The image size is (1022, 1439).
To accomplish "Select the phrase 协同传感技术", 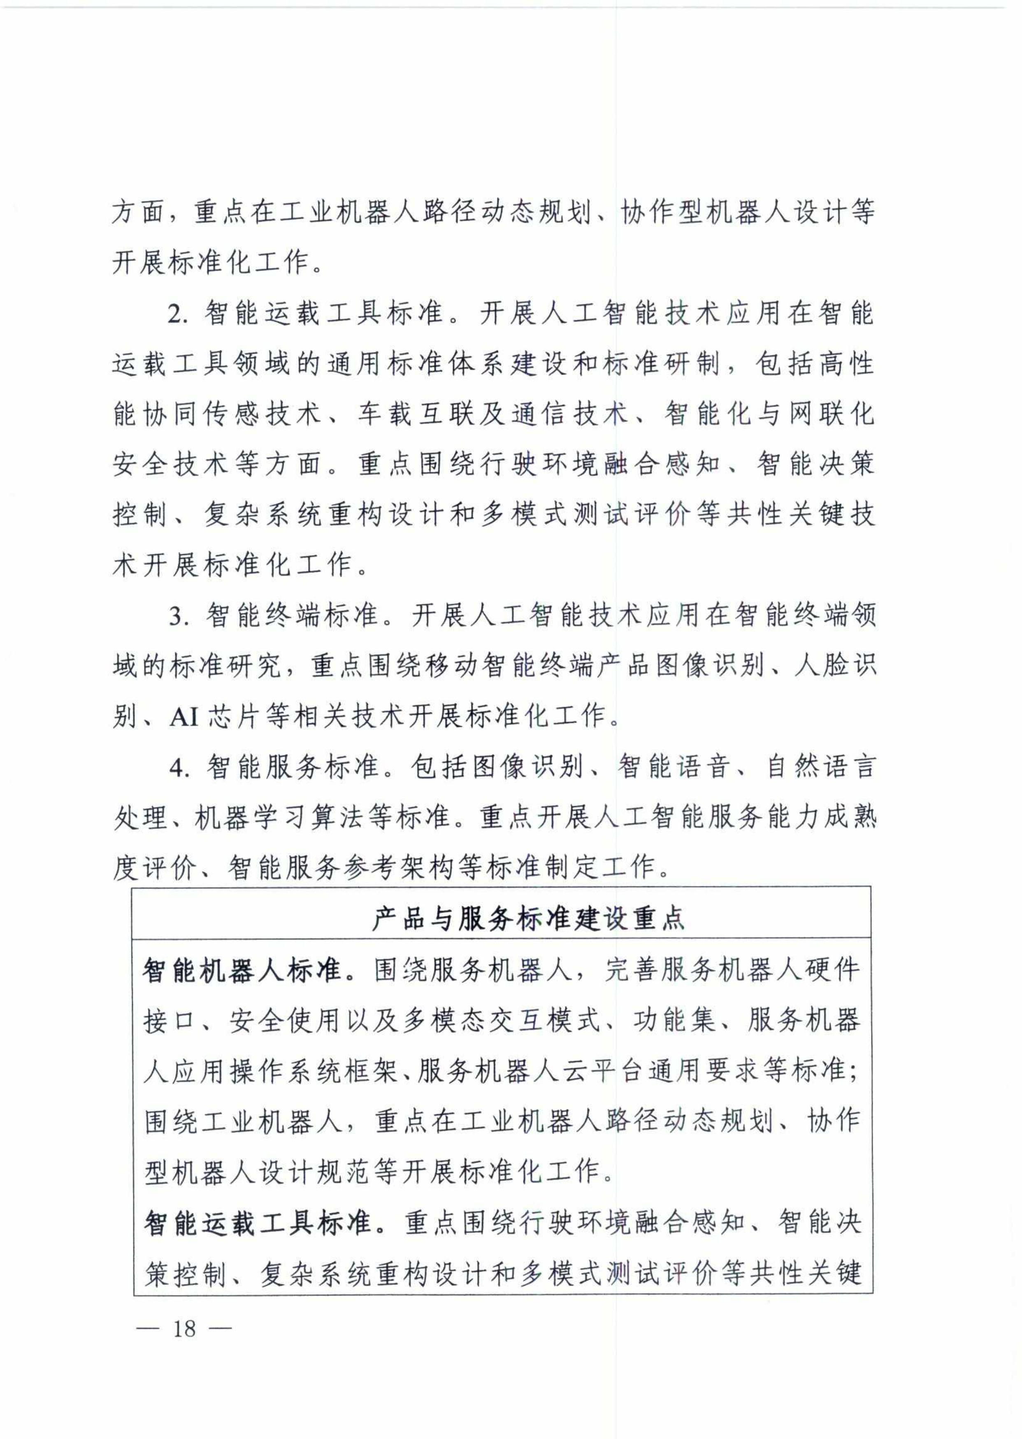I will coord(232,414).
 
